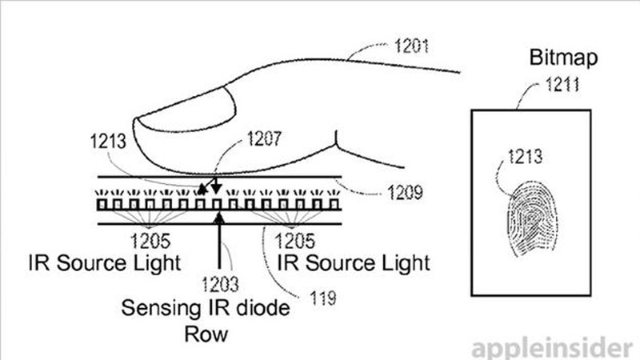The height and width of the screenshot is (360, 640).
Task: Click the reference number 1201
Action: click(x=411, y=46)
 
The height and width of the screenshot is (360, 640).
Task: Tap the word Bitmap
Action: click(x=563, y=58)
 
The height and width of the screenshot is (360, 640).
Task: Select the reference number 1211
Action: click(x=562, y=85)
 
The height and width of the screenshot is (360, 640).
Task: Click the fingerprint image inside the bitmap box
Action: click(x=532, y=218)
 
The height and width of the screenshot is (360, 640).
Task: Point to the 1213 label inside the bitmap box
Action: click(x=525, y=156)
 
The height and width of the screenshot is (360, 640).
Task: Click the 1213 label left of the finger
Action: click(x=108, y=142)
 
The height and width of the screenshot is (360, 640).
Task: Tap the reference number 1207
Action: click(x=264, y=138)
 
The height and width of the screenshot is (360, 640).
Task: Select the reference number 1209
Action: click(x=405, y=193)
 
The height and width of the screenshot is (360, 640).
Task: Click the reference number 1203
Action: click(x=221, y=284)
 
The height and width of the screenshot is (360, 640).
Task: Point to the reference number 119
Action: click(x=323, y=298)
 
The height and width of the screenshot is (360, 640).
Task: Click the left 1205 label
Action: click(x=150, y=241)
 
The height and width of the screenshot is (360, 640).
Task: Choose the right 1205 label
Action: click(x=295, y=241)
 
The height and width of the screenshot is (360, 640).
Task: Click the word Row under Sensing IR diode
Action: click(x=206, y=334)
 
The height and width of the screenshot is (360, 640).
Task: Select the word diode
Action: click(x=266, y=307)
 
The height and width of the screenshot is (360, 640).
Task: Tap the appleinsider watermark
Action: click(x=552, y=348)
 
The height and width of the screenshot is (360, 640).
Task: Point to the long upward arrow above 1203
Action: click(x=219, y=241)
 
